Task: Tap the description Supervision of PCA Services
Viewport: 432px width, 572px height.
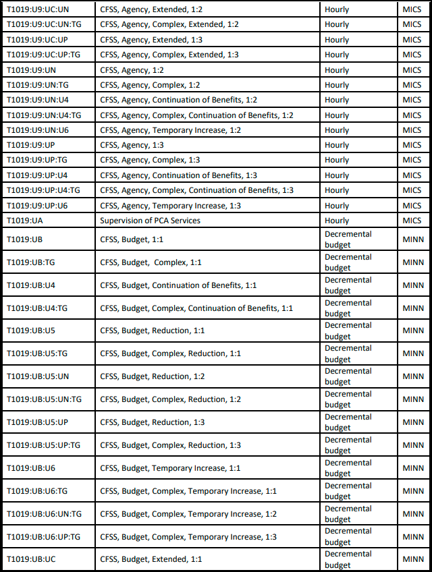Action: (x=150, y=221)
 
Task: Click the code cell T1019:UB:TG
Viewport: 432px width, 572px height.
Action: (x=31, y=262)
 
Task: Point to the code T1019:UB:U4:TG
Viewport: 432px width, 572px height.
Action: (x=38, y=308)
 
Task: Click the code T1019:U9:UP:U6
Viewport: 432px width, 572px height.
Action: (x=37, y=206)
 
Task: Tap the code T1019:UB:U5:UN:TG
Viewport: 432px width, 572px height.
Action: (x=44, y=399)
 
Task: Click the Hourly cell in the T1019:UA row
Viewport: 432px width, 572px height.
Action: (x=337, y=221)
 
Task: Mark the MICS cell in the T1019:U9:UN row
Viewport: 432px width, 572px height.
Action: (x=412, y=70)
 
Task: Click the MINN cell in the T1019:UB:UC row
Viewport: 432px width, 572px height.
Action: (x=413, y=559)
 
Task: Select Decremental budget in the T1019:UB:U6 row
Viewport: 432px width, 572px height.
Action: (x=348, y=468)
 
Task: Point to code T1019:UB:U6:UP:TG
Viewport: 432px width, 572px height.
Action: (x=44, y=537)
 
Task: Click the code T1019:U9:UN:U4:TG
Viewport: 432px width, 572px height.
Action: (x=44, y=115)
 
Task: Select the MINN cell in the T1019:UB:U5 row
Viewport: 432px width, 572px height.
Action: (x=413, y=331)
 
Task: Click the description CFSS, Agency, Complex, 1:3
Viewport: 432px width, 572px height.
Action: (x=150, y=160)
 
